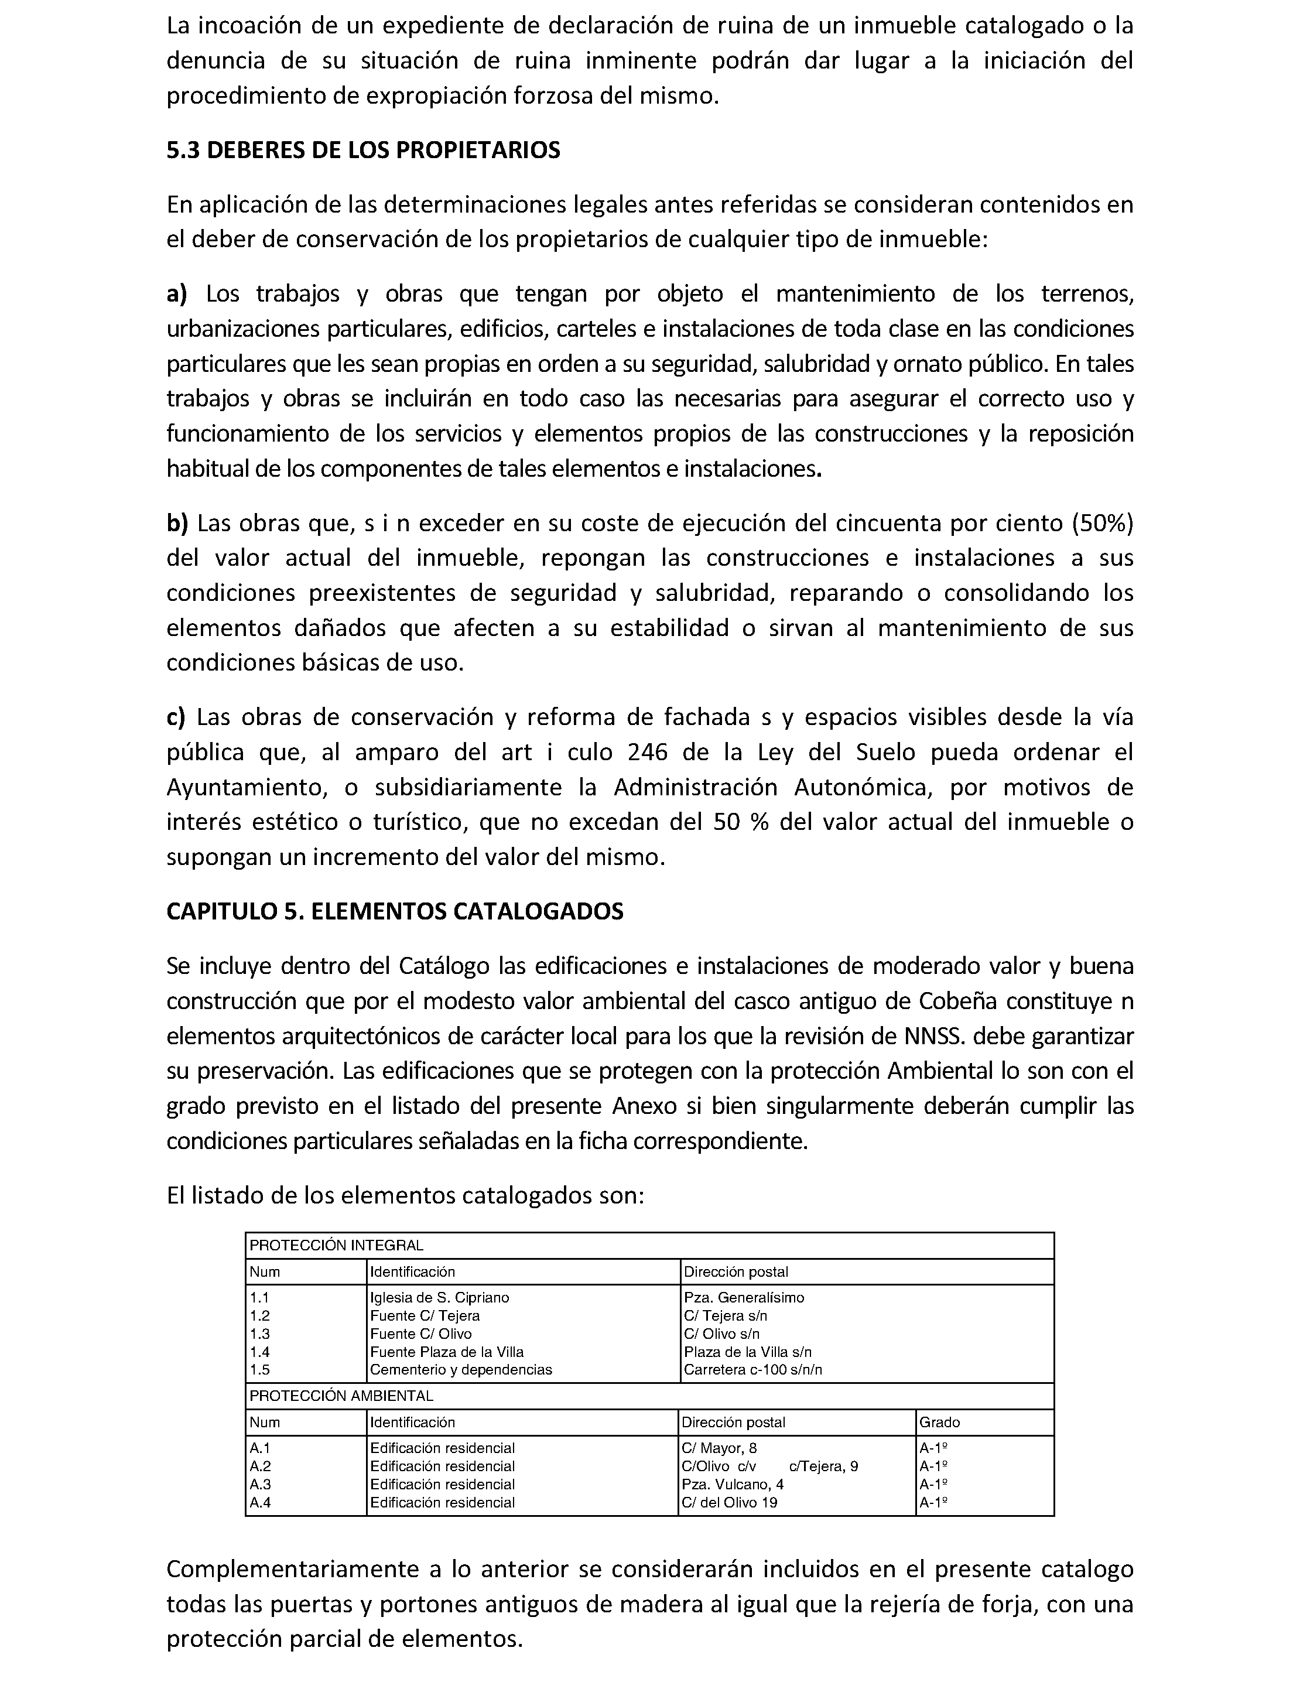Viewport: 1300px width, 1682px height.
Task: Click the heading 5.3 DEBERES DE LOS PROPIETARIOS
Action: pyautogui.click(x=362, y=150)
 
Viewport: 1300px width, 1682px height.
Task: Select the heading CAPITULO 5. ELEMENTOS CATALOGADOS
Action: pyautogui.click(x=394, y=911)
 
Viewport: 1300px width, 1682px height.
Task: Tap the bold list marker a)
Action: pyautogui.click(x=176, y=294)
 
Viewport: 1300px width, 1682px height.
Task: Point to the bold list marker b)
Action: pyautogui.click(x=177, y=524)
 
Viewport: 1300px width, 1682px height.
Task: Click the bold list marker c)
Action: pyautogui.click(x=176, y=717)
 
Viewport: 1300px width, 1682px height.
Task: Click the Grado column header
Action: pyautogui.click(x=940, y=1423)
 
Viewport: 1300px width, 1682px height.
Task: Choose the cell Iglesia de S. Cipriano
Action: pyautogui.click(x=439, y=1298)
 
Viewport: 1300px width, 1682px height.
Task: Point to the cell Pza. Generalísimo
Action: pyautogui.click(x=744, y=1298)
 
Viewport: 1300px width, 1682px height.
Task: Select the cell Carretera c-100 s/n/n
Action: pyautogui.click(x=752, y=1369)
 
